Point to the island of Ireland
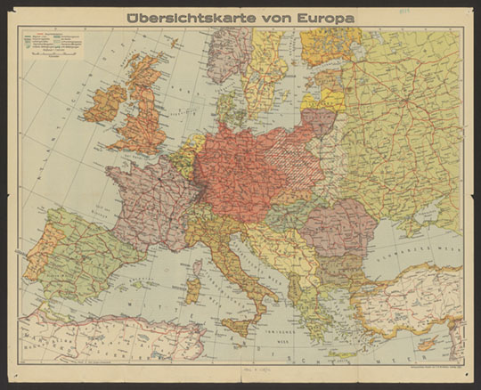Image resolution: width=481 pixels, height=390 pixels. click(104, 102)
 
